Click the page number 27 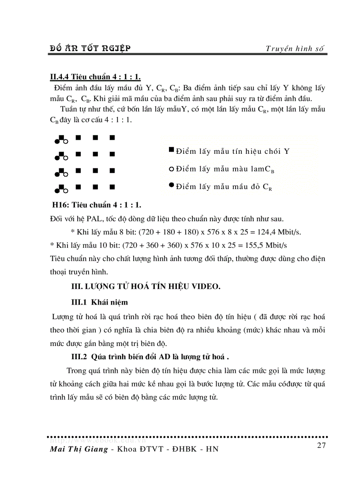click(321, 445)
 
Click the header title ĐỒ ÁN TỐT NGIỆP click(90, 48)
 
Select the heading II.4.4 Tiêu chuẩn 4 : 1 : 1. click(95, 78)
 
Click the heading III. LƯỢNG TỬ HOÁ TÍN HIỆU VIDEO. click(146, 286)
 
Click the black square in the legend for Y click(171, 150)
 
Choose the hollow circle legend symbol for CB click(171, 168)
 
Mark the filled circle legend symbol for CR click(171, 185)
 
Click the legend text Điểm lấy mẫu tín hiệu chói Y click(232, 151)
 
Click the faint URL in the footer click(97, 439)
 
